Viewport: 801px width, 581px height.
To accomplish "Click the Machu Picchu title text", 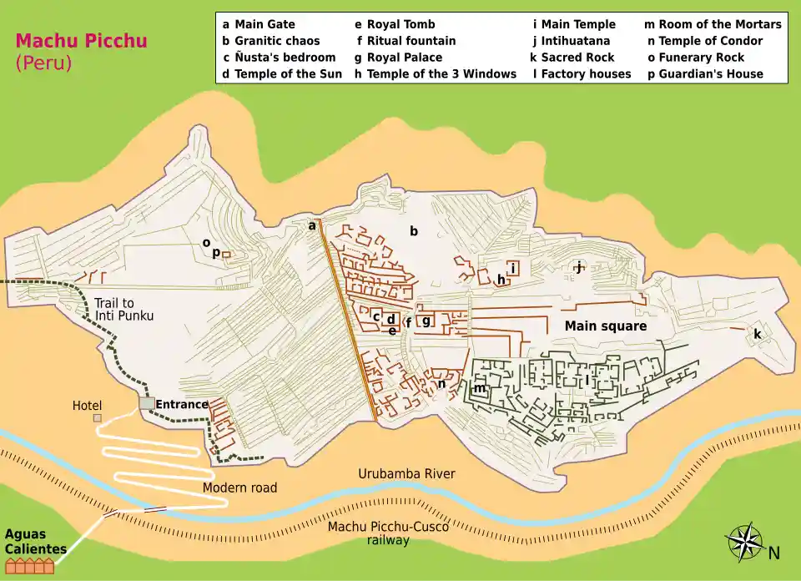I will pos(71,40).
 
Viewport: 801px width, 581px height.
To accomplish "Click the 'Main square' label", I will pos(605,326).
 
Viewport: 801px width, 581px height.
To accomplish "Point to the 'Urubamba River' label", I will pos(406,474).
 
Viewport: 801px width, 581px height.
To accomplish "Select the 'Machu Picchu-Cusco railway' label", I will pos(388,533).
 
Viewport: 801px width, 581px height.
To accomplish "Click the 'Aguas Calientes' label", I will pos(36,542).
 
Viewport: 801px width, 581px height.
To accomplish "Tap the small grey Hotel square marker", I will pos(98,417).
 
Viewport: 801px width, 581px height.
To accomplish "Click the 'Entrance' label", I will pos(181,405).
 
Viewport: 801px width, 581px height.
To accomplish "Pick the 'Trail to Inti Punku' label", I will pos(124,310).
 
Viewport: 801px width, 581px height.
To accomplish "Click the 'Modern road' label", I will pos(239,488).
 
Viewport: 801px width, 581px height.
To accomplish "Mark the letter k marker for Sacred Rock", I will pos(758,334).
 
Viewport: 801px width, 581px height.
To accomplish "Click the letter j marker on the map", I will pos(577,267).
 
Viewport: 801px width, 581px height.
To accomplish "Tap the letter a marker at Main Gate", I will pos(312,225).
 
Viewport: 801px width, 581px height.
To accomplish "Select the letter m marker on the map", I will pos(479,388).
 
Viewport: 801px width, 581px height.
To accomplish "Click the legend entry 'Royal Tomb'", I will pos(400,24).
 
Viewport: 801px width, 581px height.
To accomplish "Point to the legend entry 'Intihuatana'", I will pos(574,41).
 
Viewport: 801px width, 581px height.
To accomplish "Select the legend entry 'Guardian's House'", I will pos(709,73).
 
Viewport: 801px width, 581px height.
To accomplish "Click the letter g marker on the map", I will pos(426,321).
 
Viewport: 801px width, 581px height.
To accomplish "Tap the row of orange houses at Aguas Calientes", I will pos(29,566).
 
